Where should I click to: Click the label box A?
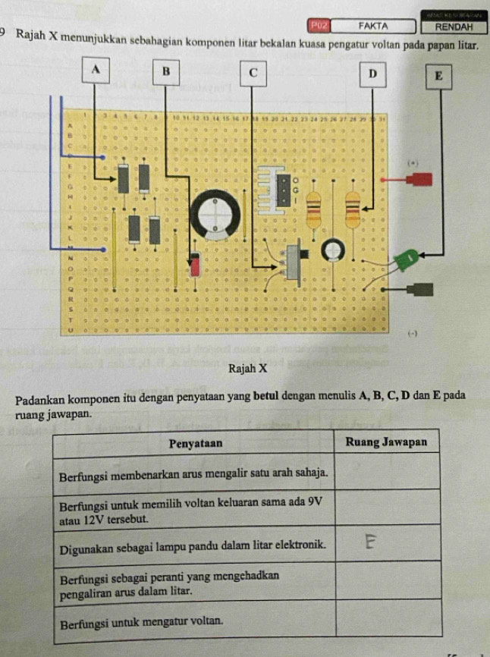tap(95, 69)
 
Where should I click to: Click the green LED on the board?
tap(408, 259)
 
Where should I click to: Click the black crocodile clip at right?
tap(419, 289)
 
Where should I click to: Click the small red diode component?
tap(195, 264)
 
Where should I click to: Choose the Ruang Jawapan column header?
tap(386, 442)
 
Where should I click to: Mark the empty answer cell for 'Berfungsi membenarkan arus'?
tap(386, 473)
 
